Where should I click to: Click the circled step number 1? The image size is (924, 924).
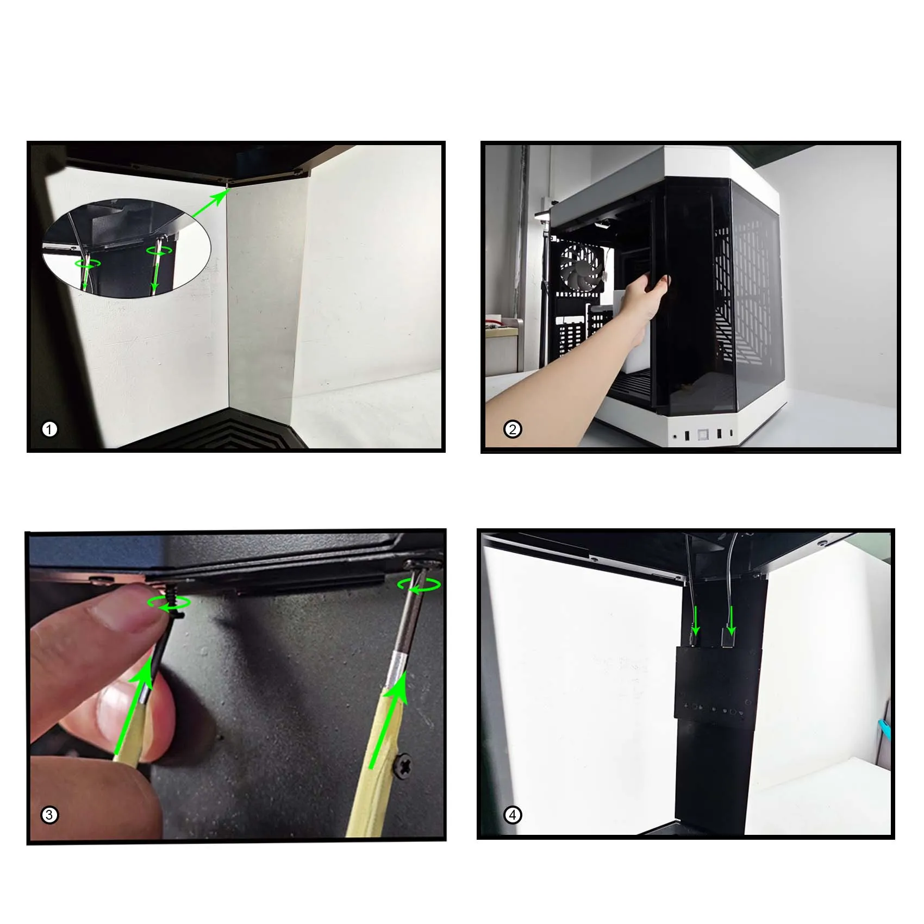[49, 429]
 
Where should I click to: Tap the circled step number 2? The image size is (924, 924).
[513, 429]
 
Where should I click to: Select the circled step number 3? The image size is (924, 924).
[49, 815]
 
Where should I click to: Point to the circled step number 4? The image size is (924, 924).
[513, 815]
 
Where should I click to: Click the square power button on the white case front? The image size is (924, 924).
[703, 435]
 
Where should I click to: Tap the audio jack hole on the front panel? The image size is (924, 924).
[675, 436]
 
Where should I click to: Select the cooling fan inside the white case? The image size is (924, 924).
[581, 267]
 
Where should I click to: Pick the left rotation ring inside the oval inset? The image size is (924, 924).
[88, 263]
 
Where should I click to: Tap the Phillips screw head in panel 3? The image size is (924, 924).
[404, 765]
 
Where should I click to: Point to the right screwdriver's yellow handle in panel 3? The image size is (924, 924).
[375, 761]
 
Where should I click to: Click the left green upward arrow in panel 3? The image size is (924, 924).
[134, 707]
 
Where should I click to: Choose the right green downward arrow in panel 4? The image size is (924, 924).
[731, 621]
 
